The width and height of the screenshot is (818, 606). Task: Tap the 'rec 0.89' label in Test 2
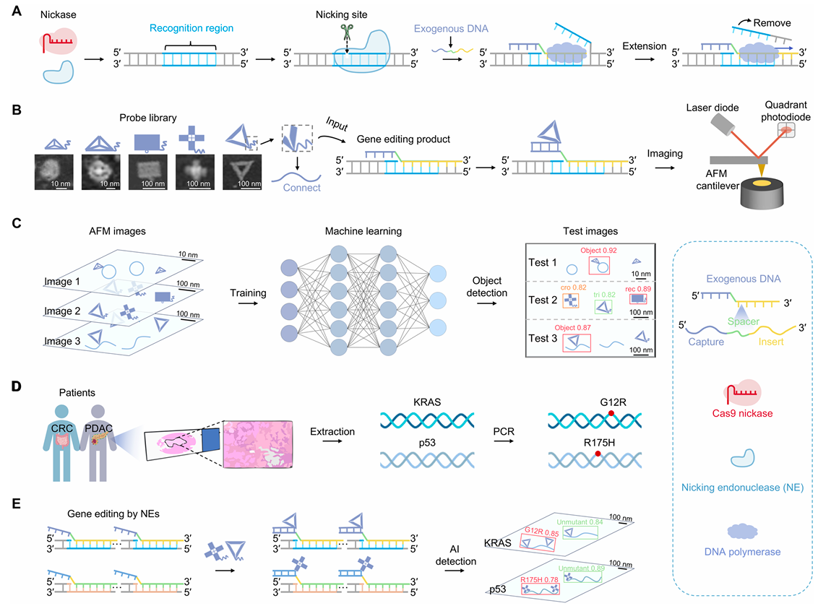[637, 288]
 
